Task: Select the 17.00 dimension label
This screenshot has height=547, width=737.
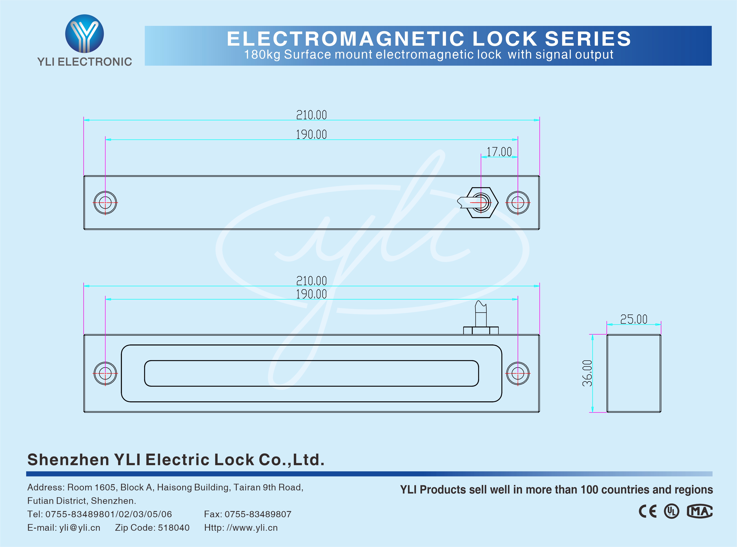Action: [499, 152]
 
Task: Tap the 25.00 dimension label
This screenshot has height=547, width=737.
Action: [634, 319]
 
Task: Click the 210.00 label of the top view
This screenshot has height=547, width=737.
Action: [311, 115]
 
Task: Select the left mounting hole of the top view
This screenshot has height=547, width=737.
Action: [105, 203]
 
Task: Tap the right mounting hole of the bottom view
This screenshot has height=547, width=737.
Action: [518, 374]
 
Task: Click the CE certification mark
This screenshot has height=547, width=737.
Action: [648, 511]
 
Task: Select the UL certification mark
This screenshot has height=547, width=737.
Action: [671, 511]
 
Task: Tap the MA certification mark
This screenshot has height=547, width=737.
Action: [699, 511]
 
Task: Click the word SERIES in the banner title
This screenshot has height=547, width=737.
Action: [588, 39]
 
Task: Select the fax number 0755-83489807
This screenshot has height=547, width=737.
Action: [258, 514]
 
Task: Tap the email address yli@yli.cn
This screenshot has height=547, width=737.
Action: [80, 527]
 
